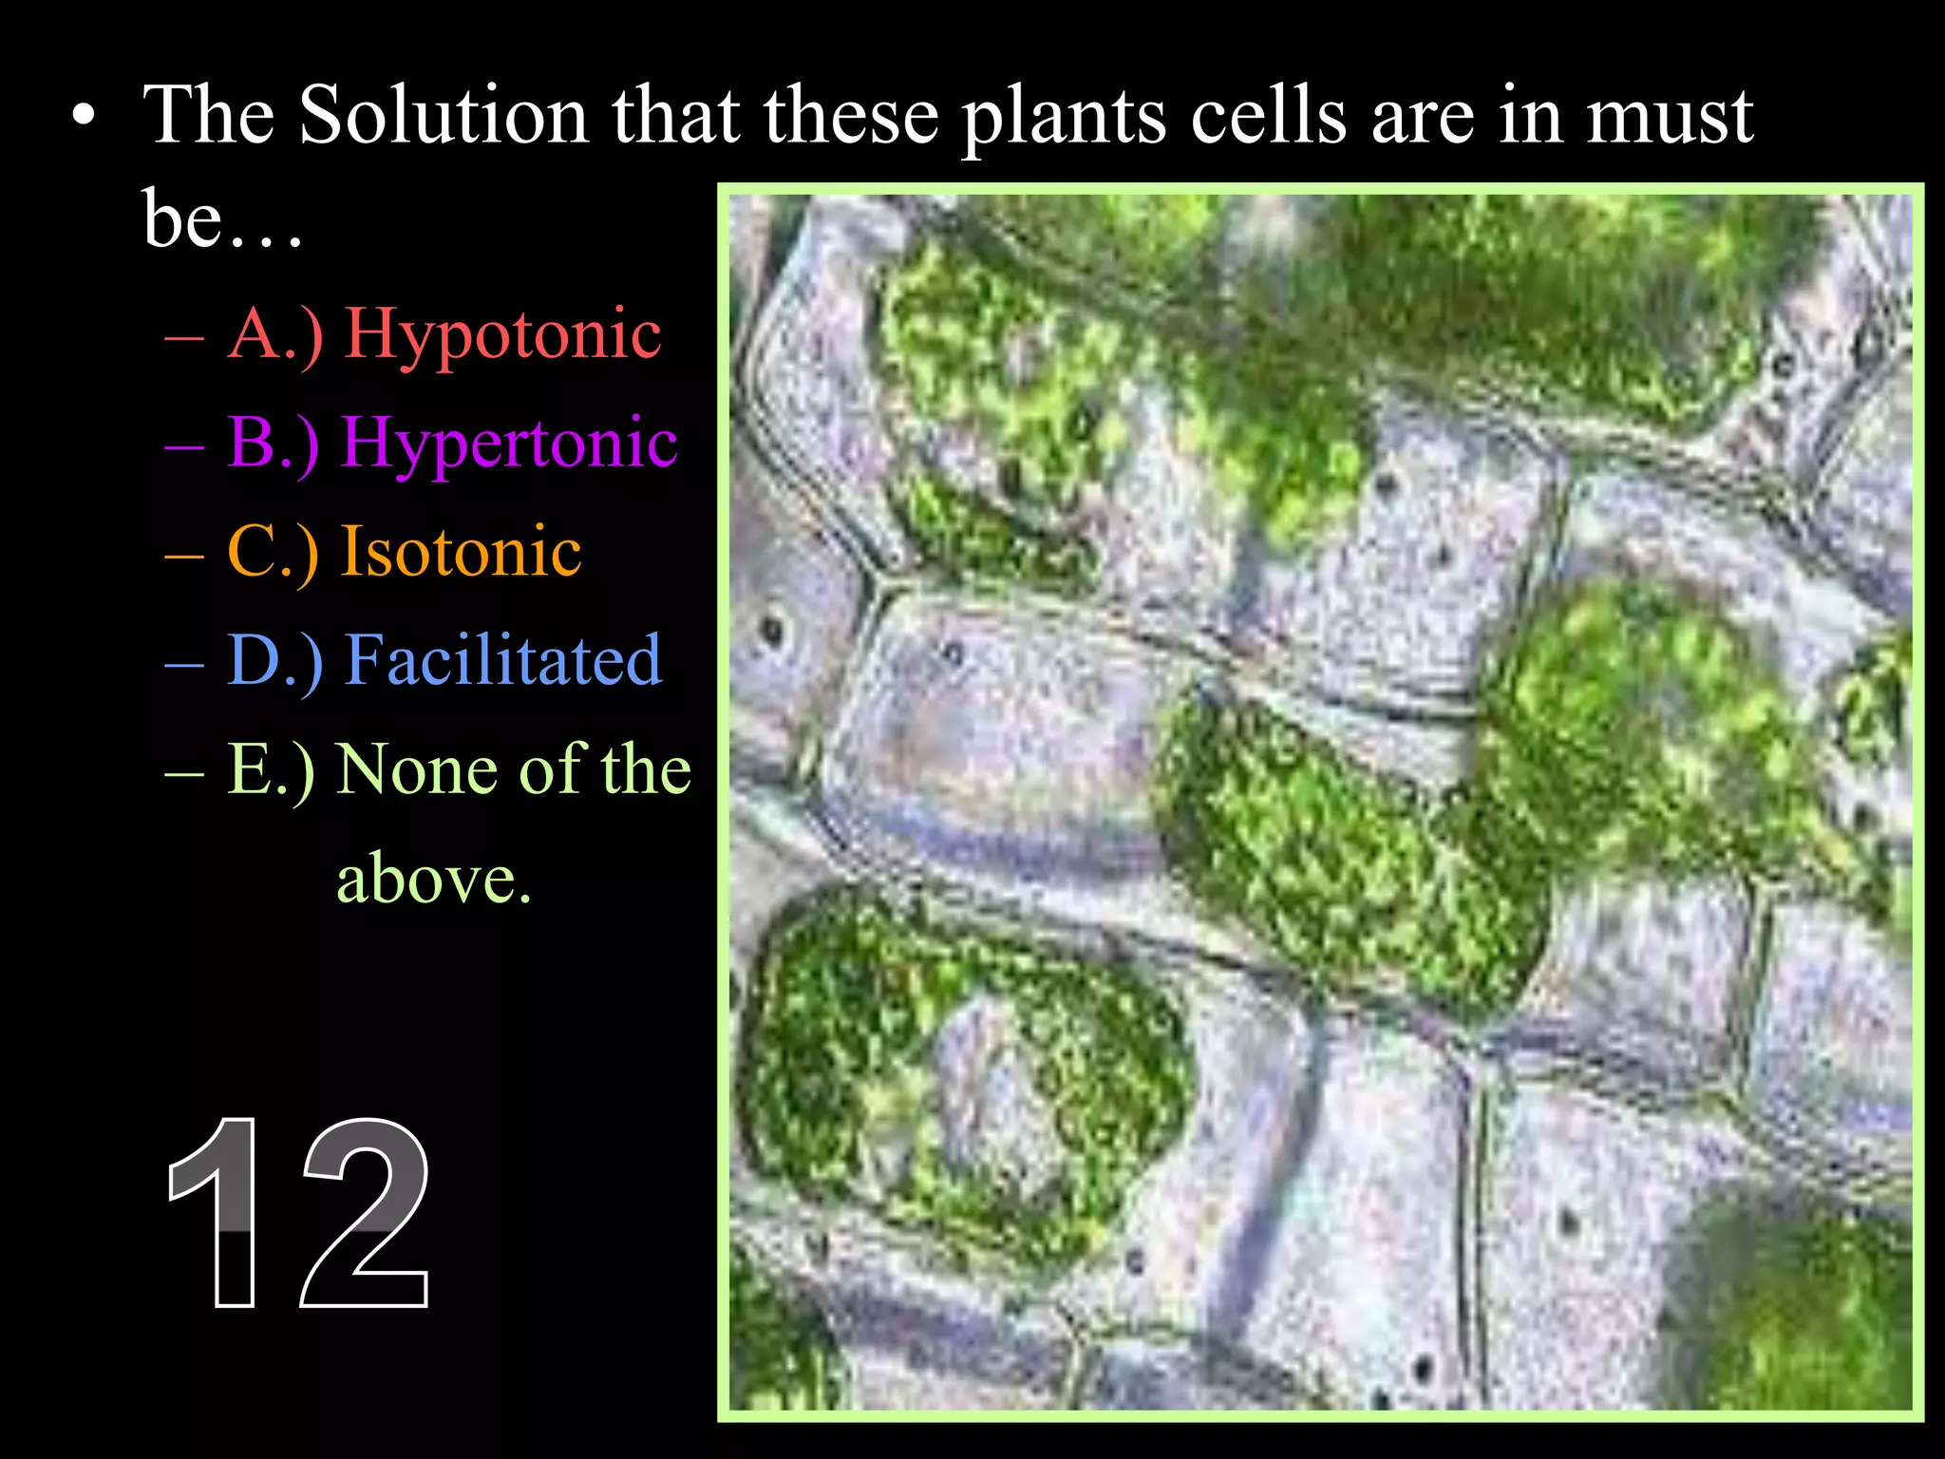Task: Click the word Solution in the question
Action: click(444, 116)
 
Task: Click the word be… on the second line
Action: click(222, 218)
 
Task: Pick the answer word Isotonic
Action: click(462, 551)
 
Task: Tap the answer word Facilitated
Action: click(502, 659)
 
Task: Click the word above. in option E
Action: click(434, 879)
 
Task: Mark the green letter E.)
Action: click(272, 769)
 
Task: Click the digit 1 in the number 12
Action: click(220, 1213)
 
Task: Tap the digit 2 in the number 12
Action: click(366, 1213)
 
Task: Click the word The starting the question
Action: click(209, 116)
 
